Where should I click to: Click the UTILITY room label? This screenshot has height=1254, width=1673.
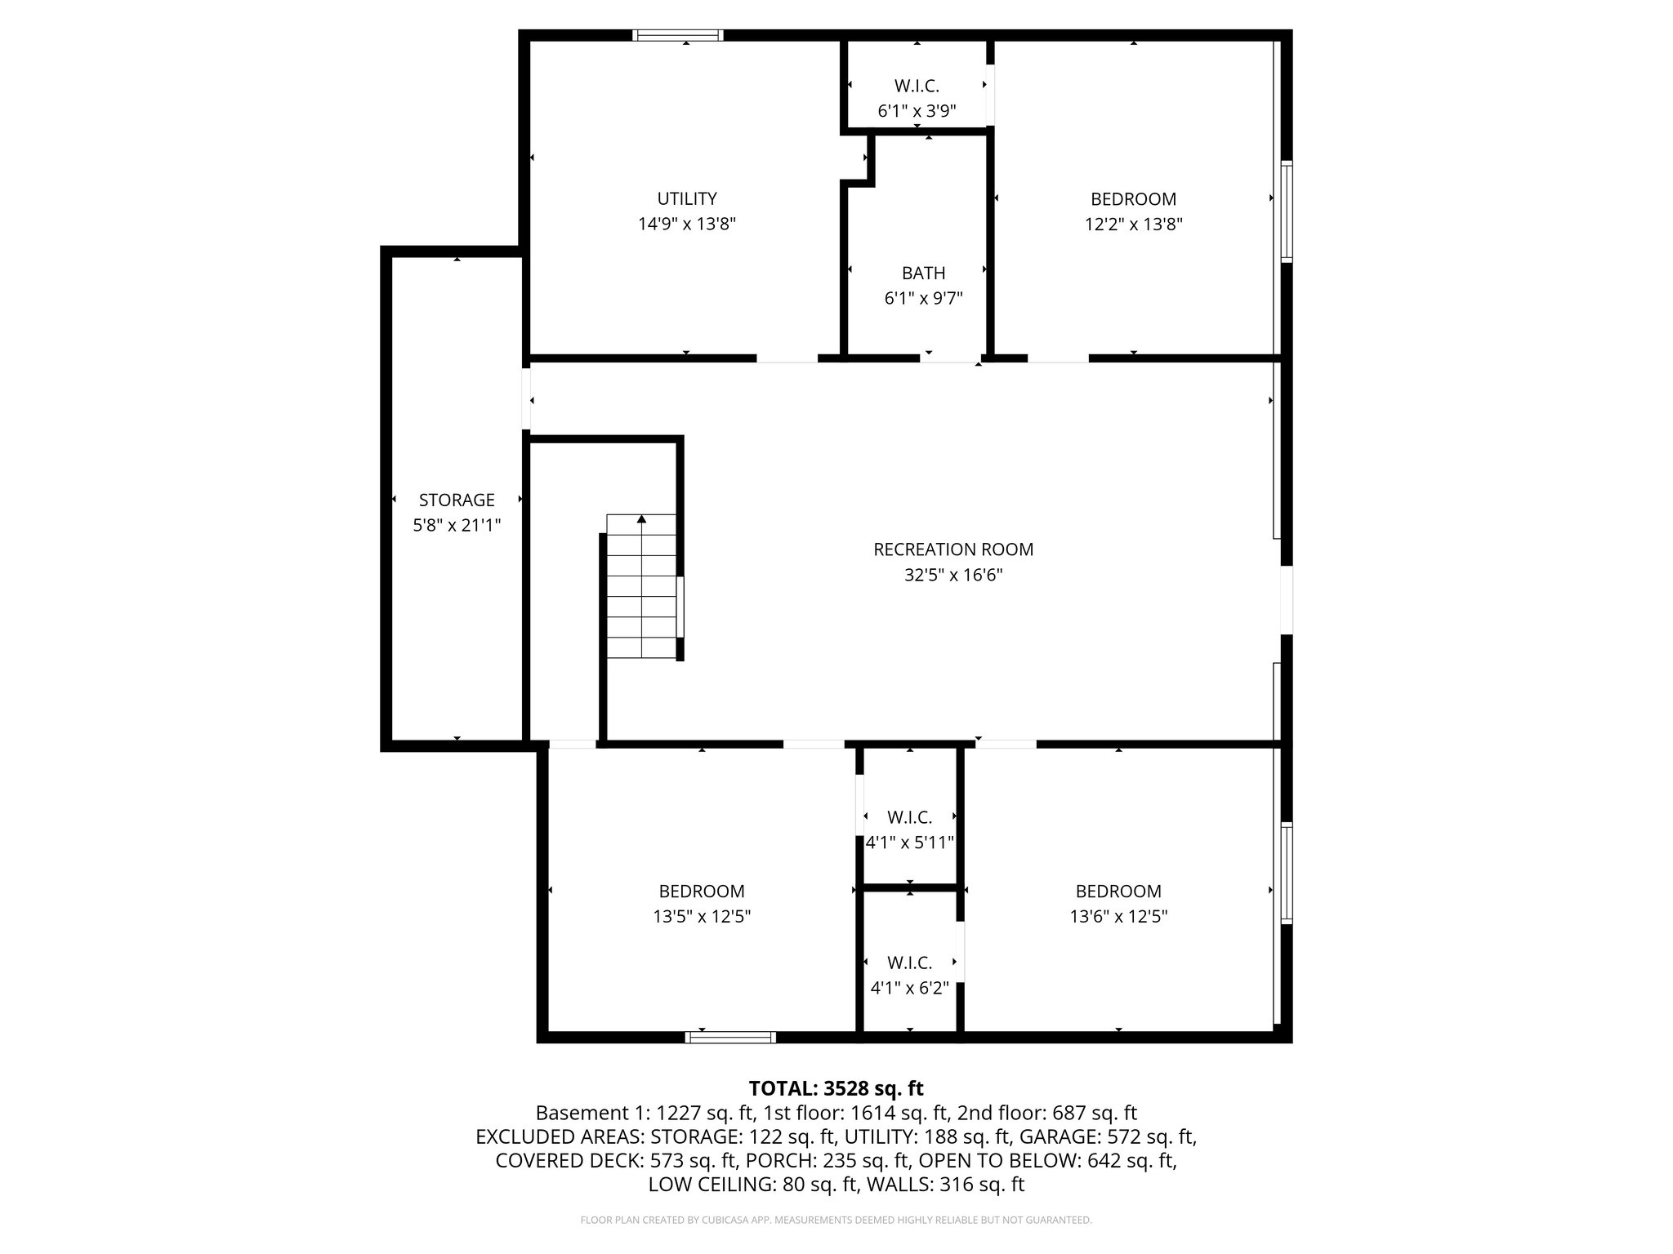[687, 198]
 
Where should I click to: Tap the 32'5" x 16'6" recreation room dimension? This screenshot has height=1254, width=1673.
[953, 575]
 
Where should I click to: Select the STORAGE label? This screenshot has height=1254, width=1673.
[457, 500]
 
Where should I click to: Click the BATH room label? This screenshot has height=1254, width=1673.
[923, 273]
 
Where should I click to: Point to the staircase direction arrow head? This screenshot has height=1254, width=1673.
[642, 518]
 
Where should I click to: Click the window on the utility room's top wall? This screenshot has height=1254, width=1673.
[679, 35]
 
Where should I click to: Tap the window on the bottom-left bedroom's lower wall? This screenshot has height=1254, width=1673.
[730, 1037]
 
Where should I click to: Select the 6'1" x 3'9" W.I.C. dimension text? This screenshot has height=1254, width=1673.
[917, 110]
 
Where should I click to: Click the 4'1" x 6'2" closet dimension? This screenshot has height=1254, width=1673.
[909, 988]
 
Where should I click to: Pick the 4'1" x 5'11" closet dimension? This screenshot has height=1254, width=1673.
[910, 843]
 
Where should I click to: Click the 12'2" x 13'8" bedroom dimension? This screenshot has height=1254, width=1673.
[1133, 224]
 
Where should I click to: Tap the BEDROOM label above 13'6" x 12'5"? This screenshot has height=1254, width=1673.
[1118, 891]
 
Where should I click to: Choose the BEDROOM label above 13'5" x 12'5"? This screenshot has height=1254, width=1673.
[702, 891]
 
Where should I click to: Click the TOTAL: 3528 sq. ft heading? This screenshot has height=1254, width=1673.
[836, 1088]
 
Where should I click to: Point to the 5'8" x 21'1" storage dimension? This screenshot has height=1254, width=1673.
[457, 525]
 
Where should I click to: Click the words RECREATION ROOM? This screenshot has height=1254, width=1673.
[953, 549]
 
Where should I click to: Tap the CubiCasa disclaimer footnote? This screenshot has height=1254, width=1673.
[836, 1221]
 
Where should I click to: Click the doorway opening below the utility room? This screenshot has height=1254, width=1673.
[786, 358]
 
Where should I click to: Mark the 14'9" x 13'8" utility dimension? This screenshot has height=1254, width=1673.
[687, 224]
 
